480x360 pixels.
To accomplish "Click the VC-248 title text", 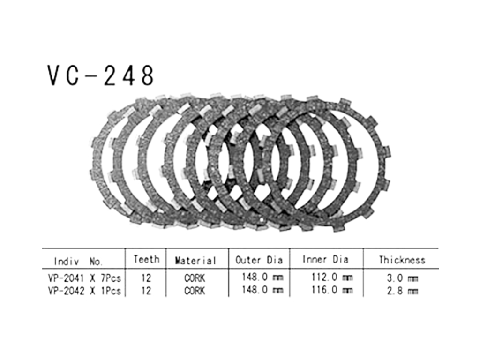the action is point(100,75).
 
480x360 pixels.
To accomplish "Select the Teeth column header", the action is point(146,260).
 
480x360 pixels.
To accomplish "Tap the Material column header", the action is point(195,261).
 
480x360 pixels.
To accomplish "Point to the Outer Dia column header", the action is point(259,260).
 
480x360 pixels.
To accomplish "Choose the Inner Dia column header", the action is point(325,260).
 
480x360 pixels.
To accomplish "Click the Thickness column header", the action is point(402,260).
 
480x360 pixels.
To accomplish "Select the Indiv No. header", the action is point(78,261).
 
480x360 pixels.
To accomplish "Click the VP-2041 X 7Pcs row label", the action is point(84,278).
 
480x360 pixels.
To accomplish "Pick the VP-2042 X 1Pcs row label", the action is point(84,291).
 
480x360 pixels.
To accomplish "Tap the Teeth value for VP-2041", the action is point(146,278).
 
